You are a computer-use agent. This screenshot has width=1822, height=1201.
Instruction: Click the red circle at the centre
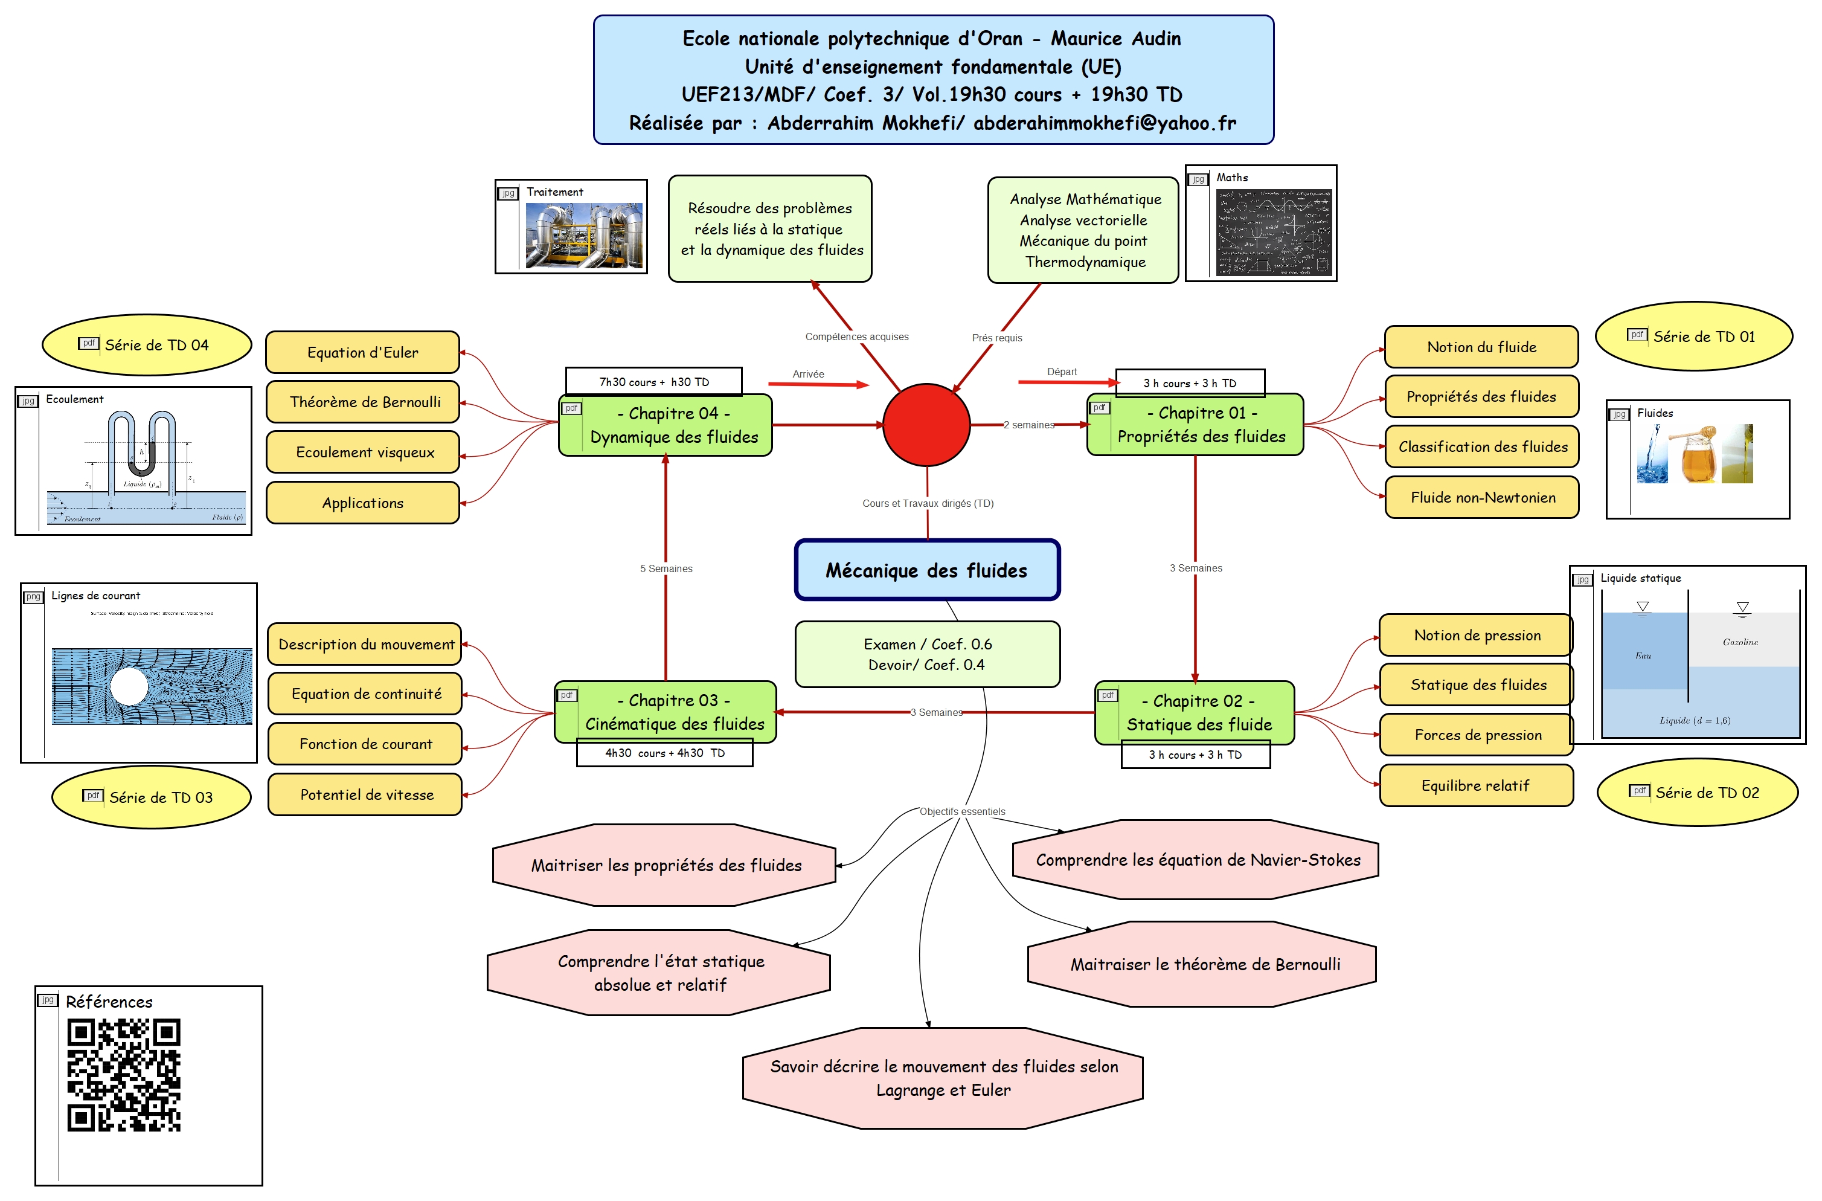pos(926,424)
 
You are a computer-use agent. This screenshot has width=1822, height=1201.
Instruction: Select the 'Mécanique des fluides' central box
pos(926,570)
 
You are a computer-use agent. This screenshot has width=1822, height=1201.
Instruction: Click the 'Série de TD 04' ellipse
pos(147,346)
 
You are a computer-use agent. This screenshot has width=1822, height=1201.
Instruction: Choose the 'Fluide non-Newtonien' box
pos(1481,498)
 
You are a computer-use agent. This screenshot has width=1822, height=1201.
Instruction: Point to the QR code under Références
pos(124,1075)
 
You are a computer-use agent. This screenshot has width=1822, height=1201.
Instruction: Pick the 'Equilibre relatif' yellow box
pos(1475,786)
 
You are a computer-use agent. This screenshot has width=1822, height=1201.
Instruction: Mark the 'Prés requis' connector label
pos(996,338)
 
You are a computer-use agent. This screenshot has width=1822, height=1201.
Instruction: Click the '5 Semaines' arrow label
pos(666,568)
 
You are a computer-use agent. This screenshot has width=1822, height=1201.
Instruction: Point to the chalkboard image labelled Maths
pos(1273,233)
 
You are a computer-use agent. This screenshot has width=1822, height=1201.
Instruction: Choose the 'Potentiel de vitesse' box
pos(365,795)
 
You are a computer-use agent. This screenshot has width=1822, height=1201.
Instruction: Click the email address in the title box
pos(1105,123)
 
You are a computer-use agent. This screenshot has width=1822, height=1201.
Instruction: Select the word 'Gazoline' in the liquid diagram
pos(1740,642)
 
